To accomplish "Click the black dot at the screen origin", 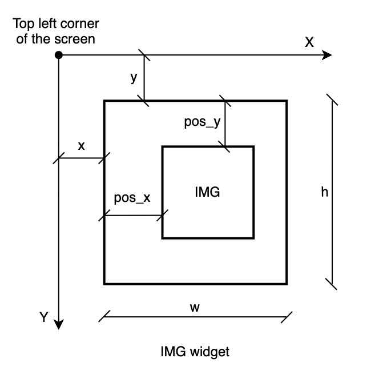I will (59, 55).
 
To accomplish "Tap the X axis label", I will (309, 42).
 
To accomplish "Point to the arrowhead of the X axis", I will (326, 55).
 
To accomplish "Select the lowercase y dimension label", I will (134, 78).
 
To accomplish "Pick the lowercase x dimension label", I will (81, 145).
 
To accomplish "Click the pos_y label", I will (202, 122).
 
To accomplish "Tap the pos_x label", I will (132, 198).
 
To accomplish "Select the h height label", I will (324, 192).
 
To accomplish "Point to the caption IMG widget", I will (195, 352).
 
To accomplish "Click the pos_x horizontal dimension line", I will (134, 216).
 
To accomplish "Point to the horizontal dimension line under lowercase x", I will (81, 158).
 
